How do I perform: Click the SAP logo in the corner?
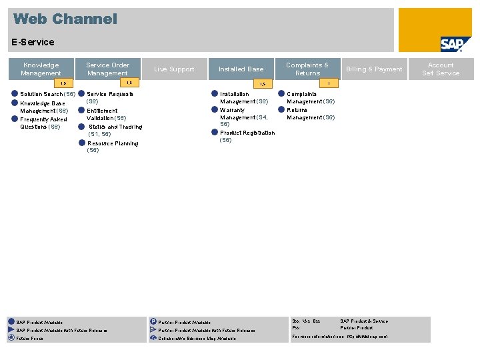(x=456, y=44)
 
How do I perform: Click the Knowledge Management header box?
(x=41, y=69)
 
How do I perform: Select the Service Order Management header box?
(x=107, y=69)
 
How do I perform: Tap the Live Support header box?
(x=174, y=69)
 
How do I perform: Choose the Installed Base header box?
(x=241, y=69)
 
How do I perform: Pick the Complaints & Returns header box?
(x=307, y=69)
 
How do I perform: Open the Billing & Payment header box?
(x=374, y=69)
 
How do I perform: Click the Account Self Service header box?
(x=441, y=69)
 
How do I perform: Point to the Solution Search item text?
(x=47, y=94)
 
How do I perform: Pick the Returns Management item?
(x=311, y=114)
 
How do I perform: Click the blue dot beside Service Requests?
(x=81, y=94)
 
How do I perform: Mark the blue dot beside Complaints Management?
(x=281, y=94)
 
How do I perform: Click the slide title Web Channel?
(x=65, y=19)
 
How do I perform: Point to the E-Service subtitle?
(x=33, y=42)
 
